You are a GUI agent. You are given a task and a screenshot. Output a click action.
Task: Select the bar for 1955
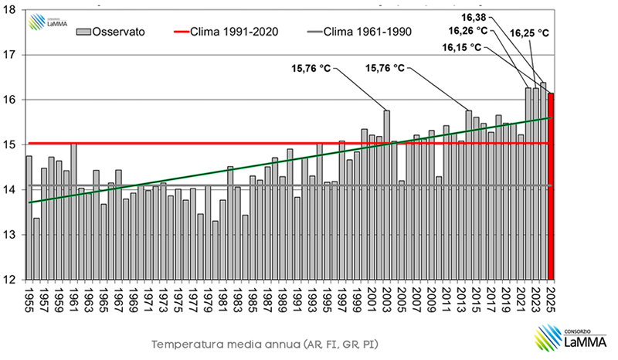tap(29, 217)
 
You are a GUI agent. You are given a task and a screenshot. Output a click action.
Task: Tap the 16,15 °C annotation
tap(462, 47)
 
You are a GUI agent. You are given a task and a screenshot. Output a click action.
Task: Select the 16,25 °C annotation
tap(530, 33)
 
